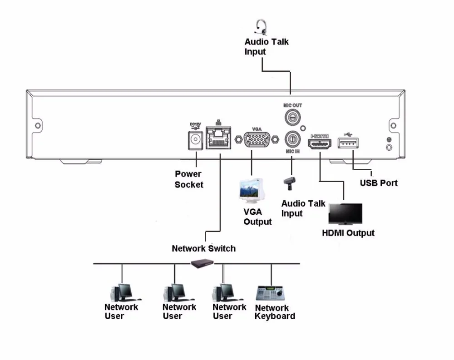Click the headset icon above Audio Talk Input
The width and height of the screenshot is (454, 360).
(260, 27)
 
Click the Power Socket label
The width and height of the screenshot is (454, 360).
(188, 179)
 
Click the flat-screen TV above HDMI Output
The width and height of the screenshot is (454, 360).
(345, 214)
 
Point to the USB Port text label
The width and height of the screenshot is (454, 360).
(379, 183)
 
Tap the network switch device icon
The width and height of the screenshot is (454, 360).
(203, 263)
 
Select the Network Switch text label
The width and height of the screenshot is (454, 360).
(203, 248)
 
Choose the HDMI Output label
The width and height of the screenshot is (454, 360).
(348, 233)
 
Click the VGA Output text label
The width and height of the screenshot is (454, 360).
(257, 217)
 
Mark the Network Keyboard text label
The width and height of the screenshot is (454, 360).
(275, 312)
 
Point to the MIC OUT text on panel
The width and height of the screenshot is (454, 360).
(293, 105)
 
